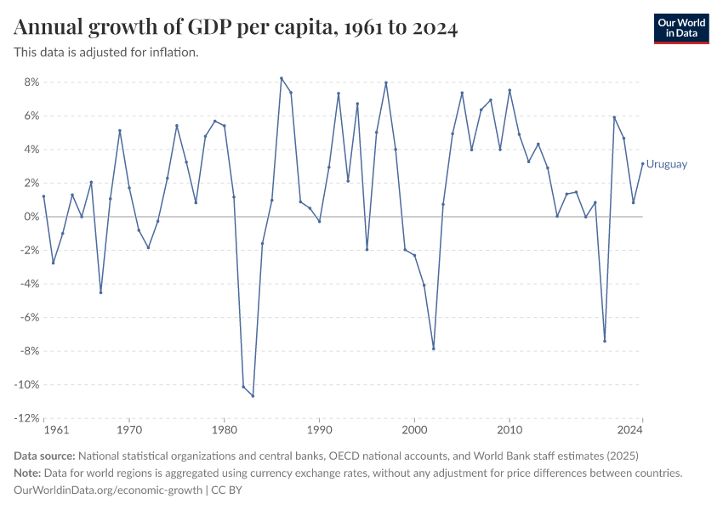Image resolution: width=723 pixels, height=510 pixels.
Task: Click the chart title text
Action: pyautogui.click(x=236, y=28)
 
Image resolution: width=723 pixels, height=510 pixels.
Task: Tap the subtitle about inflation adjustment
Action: pyautogui.click(x=106, y=52)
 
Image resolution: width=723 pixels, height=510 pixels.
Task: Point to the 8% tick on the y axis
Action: pyautogui.click(x=32, y=82)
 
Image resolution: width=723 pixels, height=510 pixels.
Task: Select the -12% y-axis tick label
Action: pyautogui.click(x=27, y=418)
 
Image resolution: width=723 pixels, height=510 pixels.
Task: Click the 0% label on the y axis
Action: pyautogui.click(x=32, y=217)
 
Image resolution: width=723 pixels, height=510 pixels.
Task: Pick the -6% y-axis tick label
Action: pyautogui.click(x=30, y=318)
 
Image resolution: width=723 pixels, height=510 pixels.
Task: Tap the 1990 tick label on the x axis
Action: pyautogui.click(x=319, y=431)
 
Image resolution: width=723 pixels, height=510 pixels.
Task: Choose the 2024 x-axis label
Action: pyautogui.click(x=630, y=431)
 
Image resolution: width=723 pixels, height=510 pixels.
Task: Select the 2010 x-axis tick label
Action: pyautogui.click(x=510, y=431)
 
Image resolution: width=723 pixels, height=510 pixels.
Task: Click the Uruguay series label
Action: pyautogui.click(x=667, y=164)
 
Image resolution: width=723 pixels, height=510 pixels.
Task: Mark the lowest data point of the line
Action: pyautogui.click(x=253, y=396)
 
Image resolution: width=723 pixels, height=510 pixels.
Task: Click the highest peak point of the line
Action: pyautogui.click(x=282, y=78)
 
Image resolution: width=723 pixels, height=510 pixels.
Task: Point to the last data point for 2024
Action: pyautogui.click(x=642, y=163)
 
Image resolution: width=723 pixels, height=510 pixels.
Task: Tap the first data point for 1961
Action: pyautogui.click(x=43, y=196)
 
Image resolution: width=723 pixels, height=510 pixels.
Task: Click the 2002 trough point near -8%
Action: pyautogui.click(x=434, y=348)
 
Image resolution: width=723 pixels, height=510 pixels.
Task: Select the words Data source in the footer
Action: pyautogui.click(x=45, y=456)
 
